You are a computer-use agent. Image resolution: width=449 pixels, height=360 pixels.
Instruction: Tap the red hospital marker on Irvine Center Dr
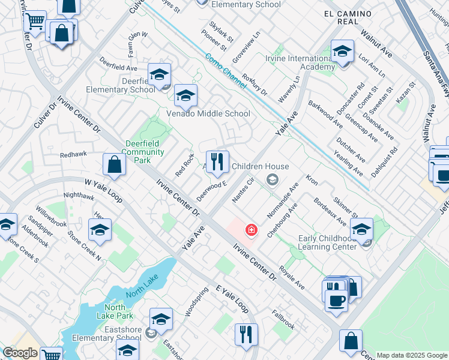click(x=251, y=230)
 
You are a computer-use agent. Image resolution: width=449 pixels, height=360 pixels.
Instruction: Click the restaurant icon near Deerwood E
click(x=217, y=161)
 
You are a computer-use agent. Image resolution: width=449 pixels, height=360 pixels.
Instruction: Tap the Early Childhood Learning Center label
click(x=330, y=243)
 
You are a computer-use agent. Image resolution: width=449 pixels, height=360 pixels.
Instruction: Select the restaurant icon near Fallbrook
click(x=246, y=334)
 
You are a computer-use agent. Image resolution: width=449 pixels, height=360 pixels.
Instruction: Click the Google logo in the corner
click(x=20, y=353)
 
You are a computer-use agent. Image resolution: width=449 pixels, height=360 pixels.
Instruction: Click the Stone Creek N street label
click(x=84, y=245)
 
